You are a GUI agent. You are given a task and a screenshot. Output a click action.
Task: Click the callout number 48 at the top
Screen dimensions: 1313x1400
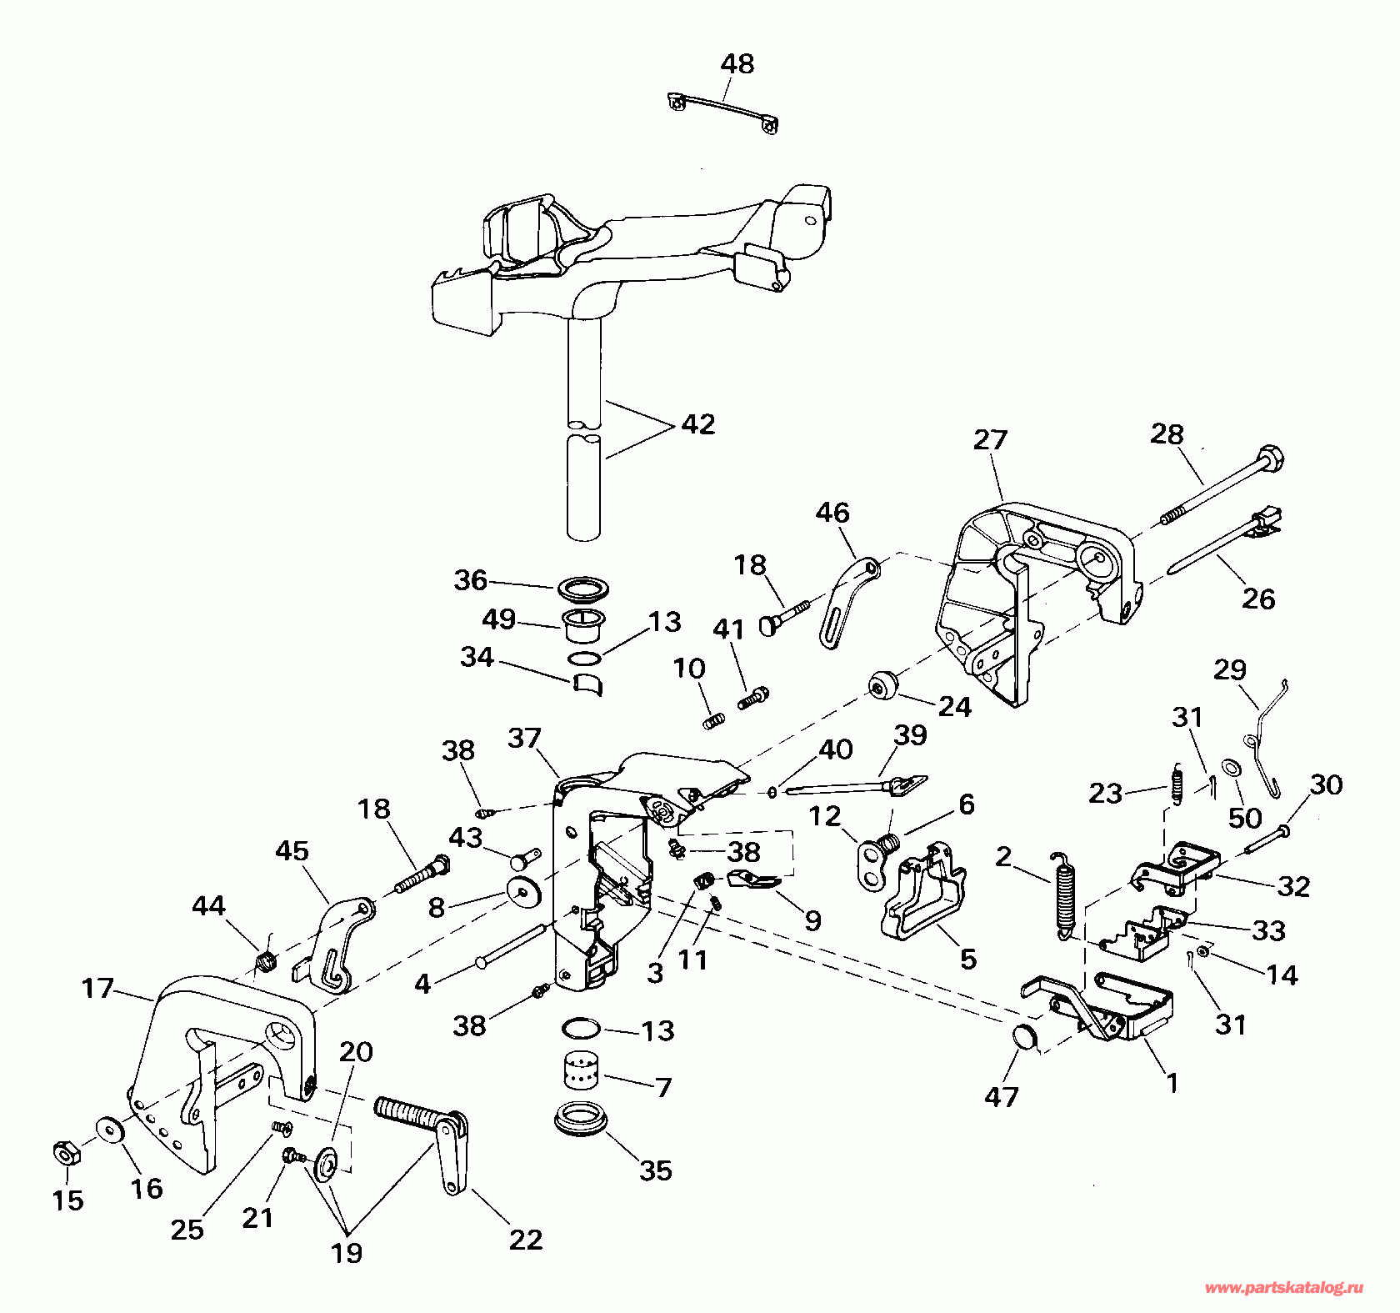pyautogui.click(x=737, y=64)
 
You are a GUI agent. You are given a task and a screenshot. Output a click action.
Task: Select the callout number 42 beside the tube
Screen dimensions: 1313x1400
pyautogui.click(x=698, y=424)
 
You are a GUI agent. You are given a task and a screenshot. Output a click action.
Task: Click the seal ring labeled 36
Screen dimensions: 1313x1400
pyautogui.click(x=582, y=589)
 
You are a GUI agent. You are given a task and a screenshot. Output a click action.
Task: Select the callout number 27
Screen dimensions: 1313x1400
pyautogui.click(x=991, y=439)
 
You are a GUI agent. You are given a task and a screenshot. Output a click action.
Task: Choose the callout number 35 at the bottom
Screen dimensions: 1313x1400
pyautogui.click(x=656, y=1170)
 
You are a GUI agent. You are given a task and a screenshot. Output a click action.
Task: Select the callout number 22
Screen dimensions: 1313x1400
pyautogui.click(x=526, y=1240)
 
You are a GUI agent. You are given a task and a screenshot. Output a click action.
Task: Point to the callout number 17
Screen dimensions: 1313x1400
pyautogui.click(x=97, y=989)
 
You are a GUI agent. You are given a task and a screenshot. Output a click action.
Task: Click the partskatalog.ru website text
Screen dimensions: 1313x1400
pyautogui.click(x=1284, y=1288)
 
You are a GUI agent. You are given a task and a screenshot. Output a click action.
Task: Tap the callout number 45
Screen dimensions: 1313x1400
pyautogui.click(x=292, y=851)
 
